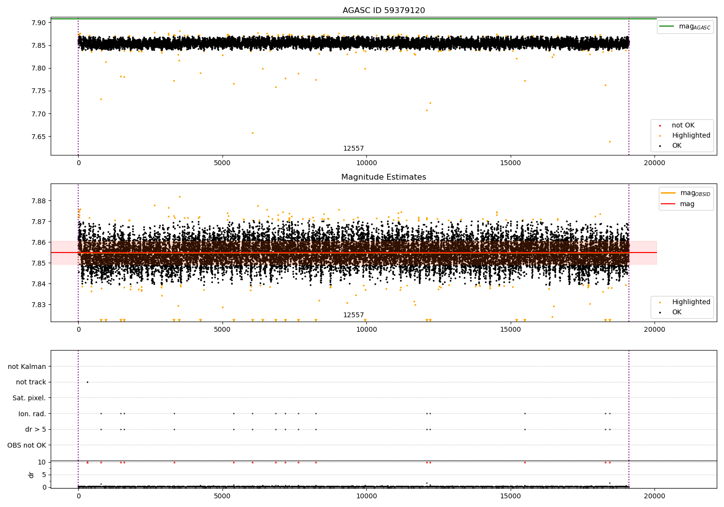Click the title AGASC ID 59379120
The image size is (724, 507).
pos(383,11)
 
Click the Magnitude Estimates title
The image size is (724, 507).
pos(383,177)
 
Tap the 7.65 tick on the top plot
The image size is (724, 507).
pos(38,137)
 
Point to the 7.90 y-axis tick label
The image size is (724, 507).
pos(38,23)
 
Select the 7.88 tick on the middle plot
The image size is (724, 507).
pos(38,201)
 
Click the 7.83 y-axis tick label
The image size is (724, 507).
pos(38,305)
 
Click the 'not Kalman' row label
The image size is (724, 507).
pos(27,366)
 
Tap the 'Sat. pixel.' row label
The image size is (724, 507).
pos(29,398)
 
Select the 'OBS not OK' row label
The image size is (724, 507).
pos(27,445)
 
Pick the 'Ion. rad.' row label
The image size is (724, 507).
pos(32,414)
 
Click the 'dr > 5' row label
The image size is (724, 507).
pos(35,429)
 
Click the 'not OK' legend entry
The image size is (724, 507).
pos(682,126)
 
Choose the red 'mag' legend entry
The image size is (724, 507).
pos(687,204)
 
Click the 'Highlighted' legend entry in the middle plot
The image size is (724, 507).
pos(691,302)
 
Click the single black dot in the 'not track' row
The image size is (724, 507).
pos(87,382)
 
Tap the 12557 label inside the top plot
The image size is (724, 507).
pos(353,149)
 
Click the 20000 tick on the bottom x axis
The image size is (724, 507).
pos(654,495)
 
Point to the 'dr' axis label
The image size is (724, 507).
pos(31,475)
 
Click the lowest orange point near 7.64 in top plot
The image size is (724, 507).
pos(610,141)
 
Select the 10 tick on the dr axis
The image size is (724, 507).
pos(42,462)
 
